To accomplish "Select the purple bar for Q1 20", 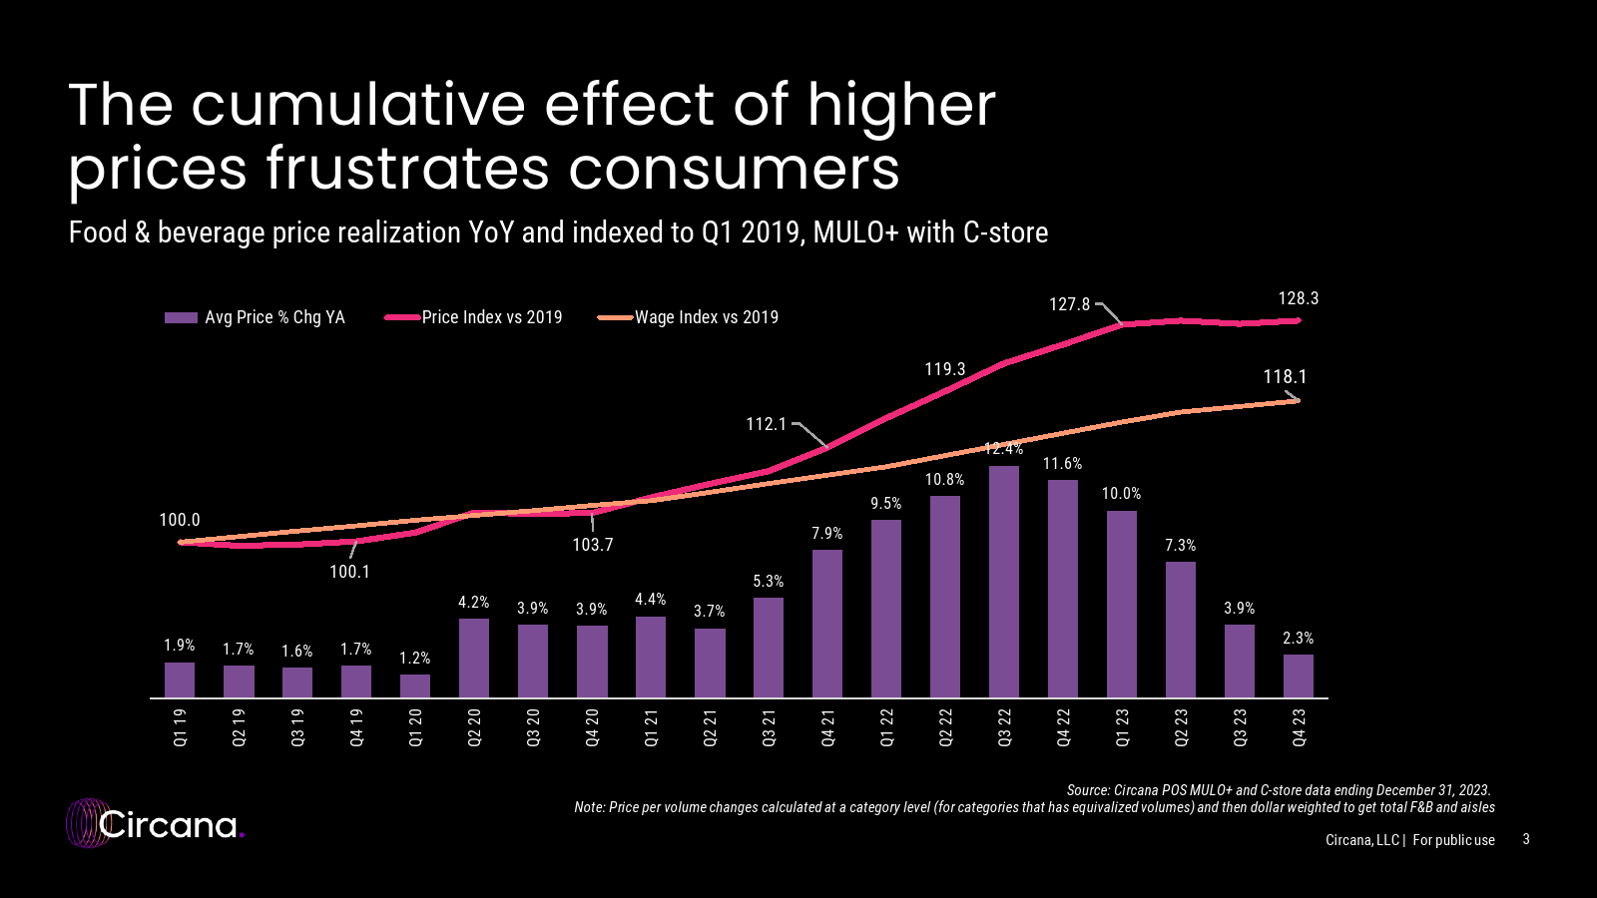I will pos(415,685).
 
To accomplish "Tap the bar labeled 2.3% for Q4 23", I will pos(1298,675).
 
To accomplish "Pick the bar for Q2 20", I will pos(474,658).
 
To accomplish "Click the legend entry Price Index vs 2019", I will pos(491,317).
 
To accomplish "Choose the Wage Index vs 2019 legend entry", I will pos(706,317).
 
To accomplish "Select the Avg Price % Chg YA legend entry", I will pos(273,317).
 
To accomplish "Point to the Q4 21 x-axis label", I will pos(827,727).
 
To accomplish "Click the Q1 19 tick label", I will pos(180,727).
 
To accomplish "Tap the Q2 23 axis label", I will pos(1181,727).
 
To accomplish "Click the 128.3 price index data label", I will pos(1298,298).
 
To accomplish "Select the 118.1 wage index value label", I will pos(1284,377).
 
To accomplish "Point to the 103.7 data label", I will pos(593,545).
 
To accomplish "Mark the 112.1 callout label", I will pos(767,424).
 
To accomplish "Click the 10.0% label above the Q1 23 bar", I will pos(1121,494).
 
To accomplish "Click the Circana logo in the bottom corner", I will pos(155,824).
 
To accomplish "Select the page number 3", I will pos(1526,839).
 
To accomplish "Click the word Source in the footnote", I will pos(1088,790).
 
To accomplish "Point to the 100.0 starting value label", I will pos(180,520).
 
